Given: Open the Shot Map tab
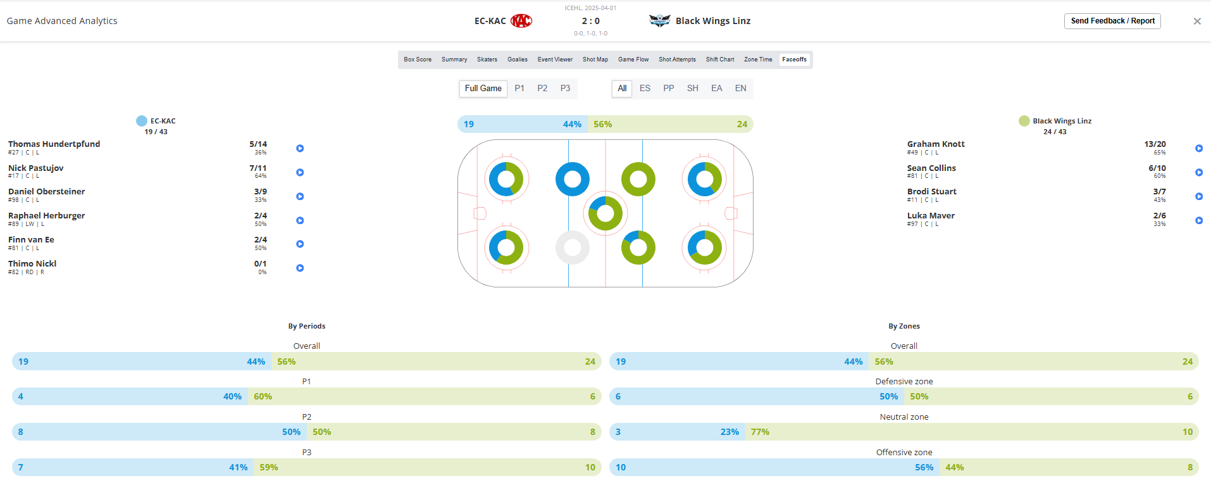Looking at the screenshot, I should (595, 60).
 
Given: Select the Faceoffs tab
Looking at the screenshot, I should (794, 60).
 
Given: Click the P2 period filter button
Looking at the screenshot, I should (542, 89).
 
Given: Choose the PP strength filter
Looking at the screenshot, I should (668, 89).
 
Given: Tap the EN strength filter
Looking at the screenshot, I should (740, 89).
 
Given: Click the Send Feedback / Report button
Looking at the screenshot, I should (1112, 21).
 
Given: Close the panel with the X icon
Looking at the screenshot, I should (1197, 22).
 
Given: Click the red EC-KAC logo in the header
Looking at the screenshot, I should (521, 21).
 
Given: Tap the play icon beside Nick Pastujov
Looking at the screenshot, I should (300, 172).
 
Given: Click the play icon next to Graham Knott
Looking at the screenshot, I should (1199, 148).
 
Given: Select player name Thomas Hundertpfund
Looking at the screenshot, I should (54, 144).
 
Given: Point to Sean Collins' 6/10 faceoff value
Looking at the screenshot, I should (1157, 168).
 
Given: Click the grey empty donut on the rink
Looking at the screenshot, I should (573, 247).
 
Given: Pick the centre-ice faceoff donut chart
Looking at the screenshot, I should (605, 213).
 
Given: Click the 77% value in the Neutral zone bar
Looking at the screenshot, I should (760, 432).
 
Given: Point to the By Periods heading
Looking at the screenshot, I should (307, 326).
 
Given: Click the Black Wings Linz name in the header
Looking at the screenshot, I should (713, 21).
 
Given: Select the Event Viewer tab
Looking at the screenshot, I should (555, 60).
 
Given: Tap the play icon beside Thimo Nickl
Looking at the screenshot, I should (300, 268).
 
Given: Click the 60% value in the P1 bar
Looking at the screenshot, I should (263, 396).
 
